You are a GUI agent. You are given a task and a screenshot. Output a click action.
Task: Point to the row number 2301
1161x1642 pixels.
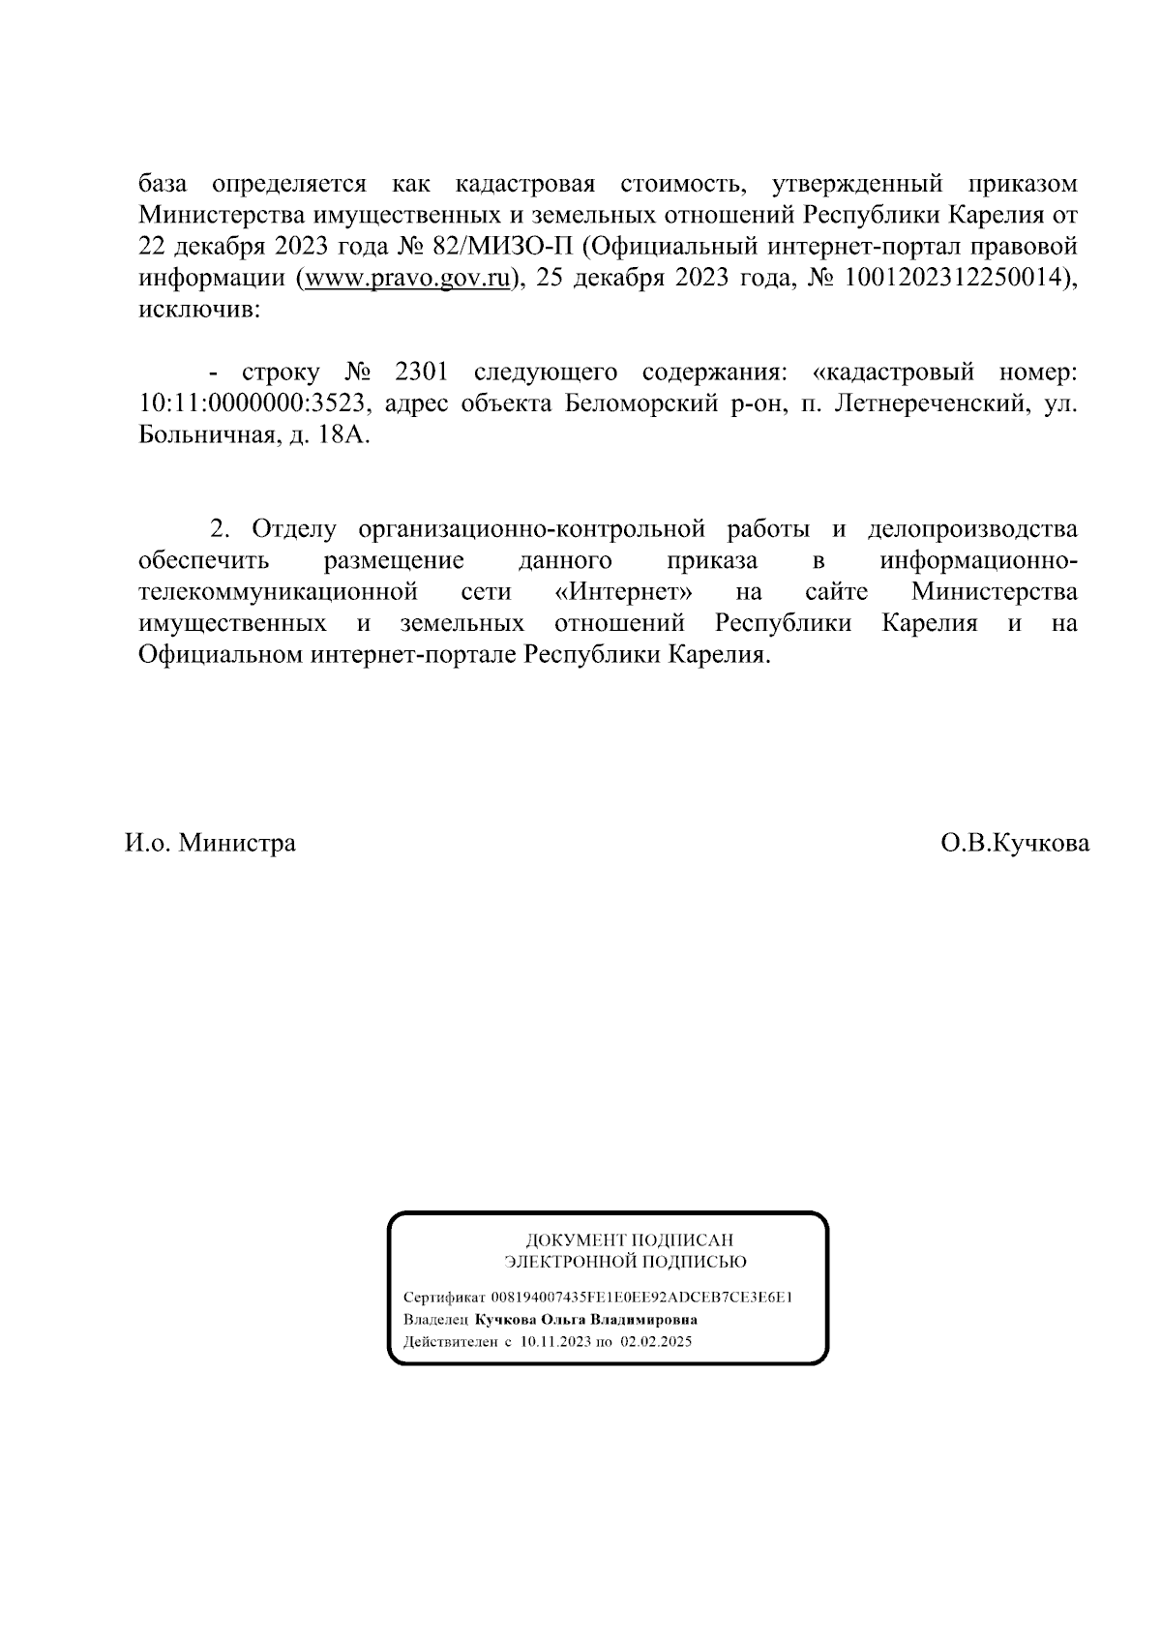click(x=421, y=373)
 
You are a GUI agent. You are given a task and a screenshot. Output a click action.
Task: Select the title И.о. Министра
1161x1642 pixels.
click(x=210, y=843)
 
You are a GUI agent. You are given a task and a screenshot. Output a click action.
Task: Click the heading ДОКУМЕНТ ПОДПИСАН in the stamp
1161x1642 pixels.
click(x=629, y=1239)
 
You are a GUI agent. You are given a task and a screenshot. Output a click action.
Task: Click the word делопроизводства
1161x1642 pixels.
click(x=972, y=529)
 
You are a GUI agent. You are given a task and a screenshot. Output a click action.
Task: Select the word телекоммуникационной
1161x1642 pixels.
click(x=278, y=592)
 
